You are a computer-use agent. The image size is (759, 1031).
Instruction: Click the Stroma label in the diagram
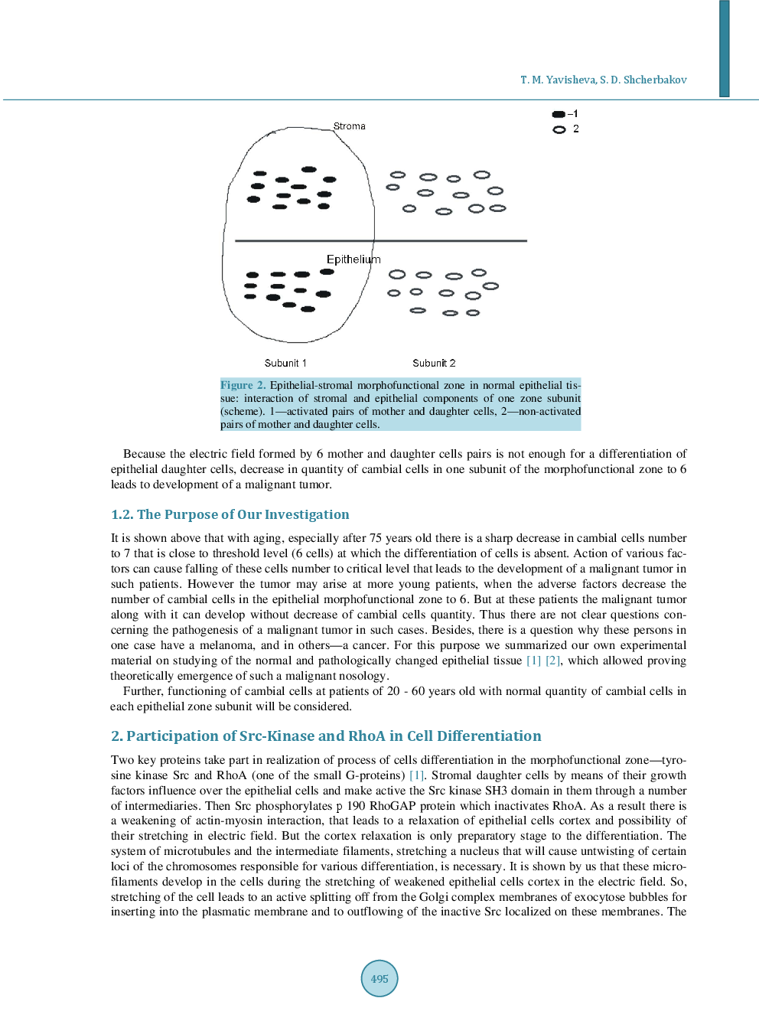(349, 126)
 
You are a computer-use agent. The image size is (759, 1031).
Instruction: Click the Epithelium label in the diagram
(353, 259)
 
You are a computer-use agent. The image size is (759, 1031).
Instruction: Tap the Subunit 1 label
(285, 364)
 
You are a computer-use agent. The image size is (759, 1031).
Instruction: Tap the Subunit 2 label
(434, 364)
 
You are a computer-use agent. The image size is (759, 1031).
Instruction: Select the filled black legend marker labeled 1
(559, 114)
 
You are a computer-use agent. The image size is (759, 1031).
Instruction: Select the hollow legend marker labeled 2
(559, 130)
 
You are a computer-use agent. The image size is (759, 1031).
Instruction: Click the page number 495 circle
(379, 978)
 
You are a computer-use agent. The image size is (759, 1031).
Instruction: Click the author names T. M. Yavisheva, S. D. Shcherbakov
(603, 80)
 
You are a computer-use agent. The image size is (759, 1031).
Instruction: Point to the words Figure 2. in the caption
(243, 386)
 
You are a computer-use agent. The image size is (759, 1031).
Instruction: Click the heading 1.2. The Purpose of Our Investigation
(230, 514)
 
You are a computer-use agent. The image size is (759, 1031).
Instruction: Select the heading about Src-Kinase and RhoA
(326, 736)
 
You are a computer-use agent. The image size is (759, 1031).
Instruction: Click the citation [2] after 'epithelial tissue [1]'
(552, 661)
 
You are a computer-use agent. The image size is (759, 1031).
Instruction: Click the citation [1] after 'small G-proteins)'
(416, 775)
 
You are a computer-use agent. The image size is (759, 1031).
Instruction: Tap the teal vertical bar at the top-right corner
(724, 48)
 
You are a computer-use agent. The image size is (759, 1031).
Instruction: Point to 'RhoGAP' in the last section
(392, 806)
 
